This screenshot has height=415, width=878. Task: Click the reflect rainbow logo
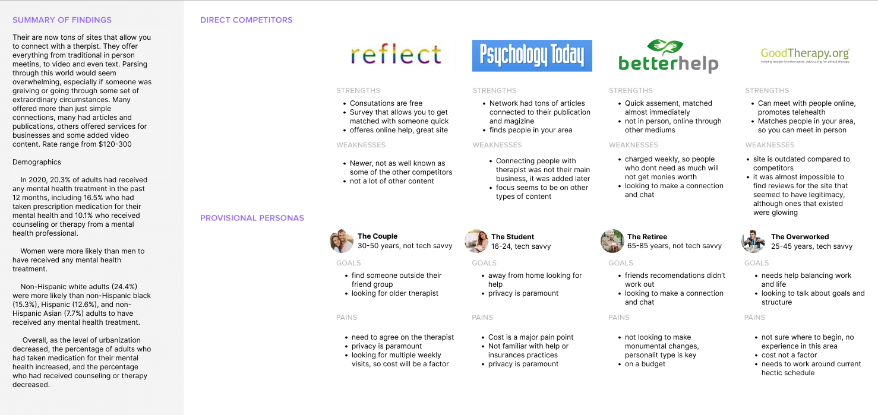pyautogui.click(x=396, y=55)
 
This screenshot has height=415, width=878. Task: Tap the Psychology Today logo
pyautogui.click(x=532, y=56)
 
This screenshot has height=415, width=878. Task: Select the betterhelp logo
pyautogui.click(x=668, y=56)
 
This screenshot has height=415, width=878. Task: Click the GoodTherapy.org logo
pyautogui.click(x=805, y=55)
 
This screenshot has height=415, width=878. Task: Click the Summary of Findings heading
pyautogui.click(x=62, y=20)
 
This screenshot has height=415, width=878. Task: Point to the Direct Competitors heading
pyautogui.click(x=246, y=20)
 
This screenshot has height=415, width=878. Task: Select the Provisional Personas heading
pyautogui.click(x=252, y=218)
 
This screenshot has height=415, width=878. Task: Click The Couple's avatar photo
pyautogui.click(x=342, y=241)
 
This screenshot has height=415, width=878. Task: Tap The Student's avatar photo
pyautogui.click(x=476, y=241)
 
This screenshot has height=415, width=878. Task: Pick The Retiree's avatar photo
pyautogui.click(x=612, y=241)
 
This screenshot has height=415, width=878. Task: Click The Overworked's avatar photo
pyautogui.click(x=753, y=241)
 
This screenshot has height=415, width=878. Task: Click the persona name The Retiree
pyautogui.click(x=647, y=237)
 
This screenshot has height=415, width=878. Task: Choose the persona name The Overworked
pyautogui.click(x=800, y=237)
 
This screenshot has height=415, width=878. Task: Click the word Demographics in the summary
pyautogui.click(x=37, y=162)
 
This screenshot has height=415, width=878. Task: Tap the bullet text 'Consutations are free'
pyautogui.click(x=386, y=103)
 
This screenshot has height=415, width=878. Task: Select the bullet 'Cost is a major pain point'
pyautogui.click(x=530, y=337)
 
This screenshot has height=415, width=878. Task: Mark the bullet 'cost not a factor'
pyautogui.click(x=789, y=355)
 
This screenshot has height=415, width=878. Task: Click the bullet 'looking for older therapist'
pyautogui.click(x=395, y=293)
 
